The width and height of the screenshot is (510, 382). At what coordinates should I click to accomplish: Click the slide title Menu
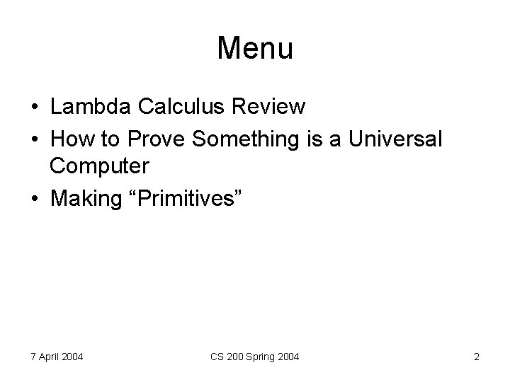[x=255, y=48]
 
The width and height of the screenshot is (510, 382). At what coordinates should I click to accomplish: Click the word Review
[x=267, y=107]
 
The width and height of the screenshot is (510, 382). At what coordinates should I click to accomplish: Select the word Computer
[x=100, y=168]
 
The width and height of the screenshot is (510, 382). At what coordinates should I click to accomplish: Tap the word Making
[x=86, y=199]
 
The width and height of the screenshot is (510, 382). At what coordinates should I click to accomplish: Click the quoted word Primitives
[x=186, y=199]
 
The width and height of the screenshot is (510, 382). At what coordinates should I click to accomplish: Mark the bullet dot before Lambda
[x=35, y=108]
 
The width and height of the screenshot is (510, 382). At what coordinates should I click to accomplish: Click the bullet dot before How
[x=35, y=139]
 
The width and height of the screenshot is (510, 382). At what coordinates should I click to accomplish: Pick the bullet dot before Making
[x=35, y=199]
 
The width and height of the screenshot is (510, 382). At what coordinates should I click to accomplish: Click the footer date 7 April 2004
[x=57, y=357]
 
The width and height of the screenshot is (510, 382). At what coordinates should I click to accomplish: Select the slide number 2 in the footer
[x=477, y=357]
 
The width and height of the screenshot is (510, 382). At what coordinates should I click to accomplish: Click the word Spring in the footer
[x=261, y=357]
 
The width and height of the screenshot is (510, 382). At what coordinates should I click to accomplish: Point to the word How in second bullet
[x=69, y=139]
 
